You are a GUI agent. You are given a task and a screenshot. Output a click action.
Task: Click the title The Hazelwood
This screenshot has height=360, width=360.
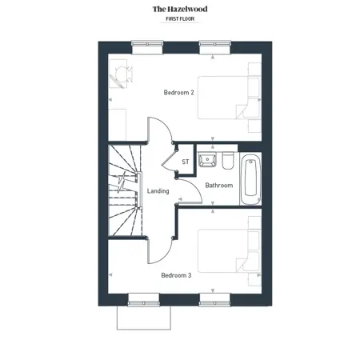pyautogui.click(x=180, y=9)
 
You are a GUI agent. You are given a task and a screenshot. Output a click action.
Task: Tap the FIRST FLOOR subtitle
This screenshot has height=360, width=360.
pyautogui.click(x=180, y=19)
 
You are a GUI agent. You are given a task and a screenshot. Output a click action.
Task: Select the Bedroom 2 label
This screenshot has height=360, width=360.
pyautogui.click(x=178, y=93)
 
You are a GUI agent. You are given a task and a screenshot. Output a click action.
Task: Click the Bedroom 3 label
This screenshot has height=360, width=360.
pyautogui.click(x=176, y=275)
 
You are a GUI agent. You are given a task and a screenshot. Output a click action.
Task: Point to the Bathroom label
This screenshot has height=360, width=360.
pyautogui.click(x=219, y=186)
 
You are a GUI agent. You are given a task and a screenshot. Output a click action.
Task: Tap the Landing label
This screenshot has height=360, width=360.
pyautogui.click(x=158, y=191)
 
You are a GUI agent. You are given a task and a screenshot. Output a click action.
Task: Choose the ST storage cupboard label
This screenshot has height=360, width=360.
pyautogui.click(x=186, y=162)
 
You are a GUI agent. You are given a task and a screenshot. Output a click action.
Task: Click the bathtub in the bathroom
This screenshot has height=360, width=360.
pyautogui.click(x=250, y=178)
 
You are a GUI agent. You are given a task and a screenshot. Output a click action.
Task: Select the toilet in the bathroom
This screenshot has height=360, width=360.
pyautogui.click(x=228, y=160)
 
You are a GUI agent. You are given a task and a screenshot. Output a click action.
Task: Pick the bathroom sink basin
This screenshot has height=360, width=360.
pyautogui.click(x=207, y=159)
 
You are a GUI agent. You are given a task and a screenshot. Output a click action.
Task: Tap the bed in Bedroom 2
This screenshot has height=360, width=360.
pyautogui.click(x=229, y=98)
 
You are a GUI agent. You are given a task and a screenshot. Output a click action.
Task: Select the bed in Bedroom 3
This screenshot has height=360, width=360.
pyautogui.click(x=229, y=251)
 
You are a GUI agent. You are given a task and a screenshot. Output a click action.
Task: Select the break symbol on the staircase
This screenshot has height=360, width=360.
pyautogui.click(x=122, y=182)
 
